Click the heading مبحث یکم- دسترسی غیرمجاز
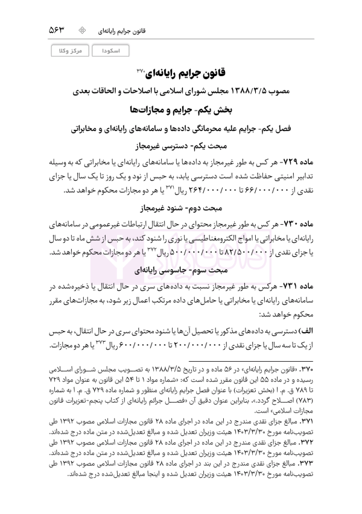[181, 145]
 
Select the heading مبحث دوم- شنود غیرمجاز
[181, 208]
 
